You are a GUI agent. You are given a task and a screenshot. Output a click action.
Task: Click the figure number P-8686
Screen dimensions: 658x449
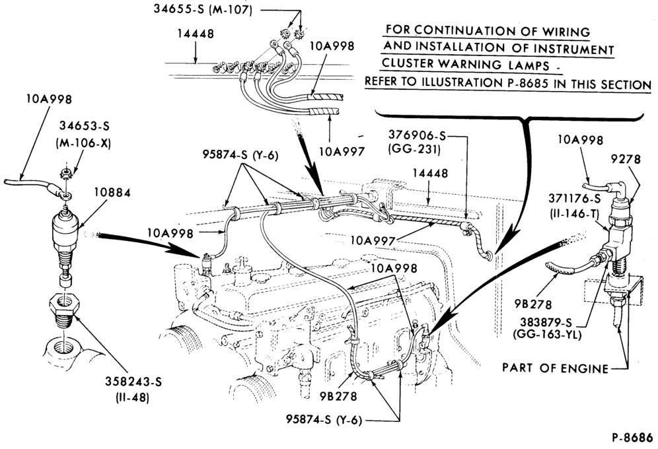click(x=632, y=437)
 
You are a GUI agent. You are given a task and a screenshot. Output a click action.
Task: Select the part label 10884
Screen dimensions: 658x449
click(x=112, y=192)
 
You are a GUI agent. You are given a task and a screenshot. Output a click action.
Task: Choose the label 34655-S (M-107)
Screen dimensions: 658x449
click(x=203, y=9)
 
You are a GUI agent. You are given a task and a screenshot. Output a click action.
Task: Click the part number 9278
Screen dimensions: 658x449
click(x=626, y=159)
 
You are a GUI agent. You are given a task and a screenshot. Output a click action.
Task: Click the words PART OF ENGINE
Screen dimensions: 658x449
click(x=555, y=368)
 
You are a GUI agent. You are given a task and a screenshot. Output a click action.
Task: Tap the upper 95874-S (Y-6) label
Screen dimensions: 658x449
click(x=240, y=155)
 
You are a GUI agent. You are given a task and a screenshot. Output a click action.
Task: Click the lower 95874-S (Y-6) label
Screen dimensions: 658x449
click(x=324, y=420)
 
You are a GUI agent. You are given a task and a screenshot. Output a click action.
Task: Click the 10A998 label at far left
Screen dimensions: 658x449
click(x=49, y=99)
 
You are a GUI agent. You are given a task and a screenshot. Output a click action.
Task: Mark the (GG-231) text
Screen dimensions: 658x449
click(x=415, y=149)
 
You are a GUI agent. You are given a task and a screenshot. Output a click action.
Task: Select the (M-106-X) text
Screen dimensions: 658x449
click(x=83, y=143)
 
